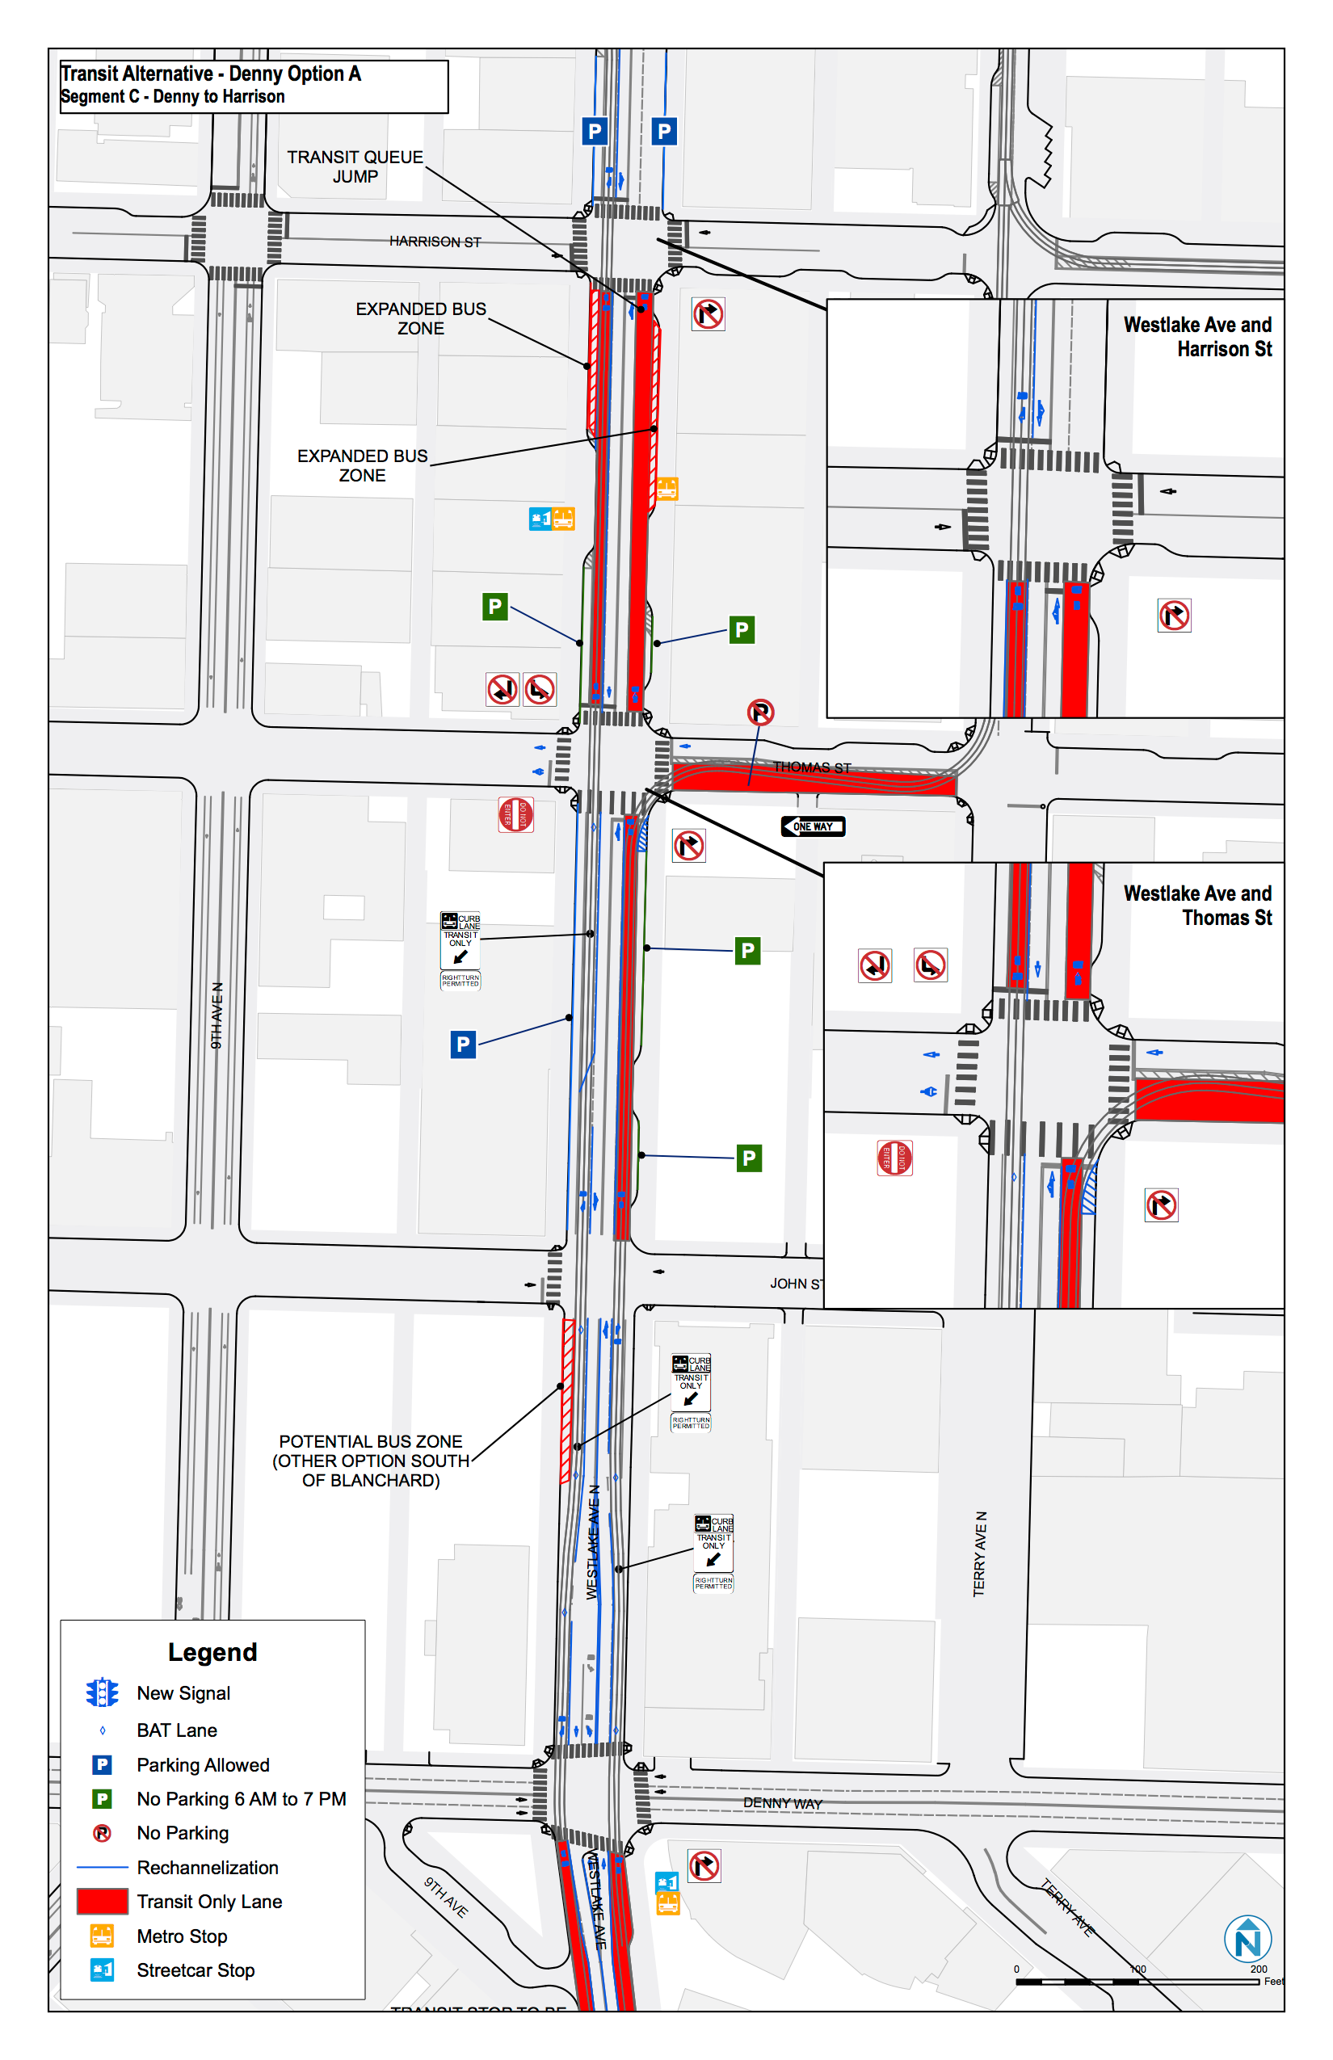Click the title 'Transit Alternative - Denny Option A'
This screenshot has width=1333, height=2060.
click(x=210, y=74)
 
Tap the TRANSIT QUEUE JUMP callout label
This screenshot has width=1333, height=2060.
click(x=355, y=166)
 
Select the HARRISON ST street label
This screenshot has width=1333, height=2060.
click(x=435, y=242)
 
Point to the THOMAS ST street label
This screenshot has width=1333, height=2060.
click(x=812, y=767)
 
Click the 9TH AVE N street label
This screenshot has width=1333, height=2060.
click(x=217, y=1015)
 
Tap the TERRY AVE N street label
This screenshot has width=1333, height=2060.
click(x=980, y=1553)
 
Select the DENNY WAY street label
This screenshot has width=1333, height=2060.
click(x=783, y=1803)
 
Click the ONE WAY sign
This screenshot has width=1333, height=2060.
click(x=813, y=826)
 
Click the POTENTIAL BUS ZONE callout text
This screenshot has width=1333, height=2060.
click(x=371, y=1461)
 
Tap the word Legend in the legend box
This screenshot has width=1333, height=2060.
click(x=212, y=1652)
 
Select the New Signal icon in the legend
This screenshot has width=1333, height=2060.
click(x=102, y=1693)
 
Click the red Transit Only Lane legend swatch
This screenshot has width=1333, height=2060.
click(x=102, y=1902)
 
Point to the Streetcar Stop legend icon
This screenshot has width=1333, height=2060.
click(x=102, y=1970)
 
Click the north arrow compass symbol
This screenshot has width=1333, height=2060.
click(x=1247, y=1939)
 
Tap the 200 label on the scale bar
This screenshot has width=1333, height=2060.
click(x=1259, y=1970)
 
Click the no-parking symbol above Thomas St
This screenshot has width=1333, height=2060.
click(x=760, y=713)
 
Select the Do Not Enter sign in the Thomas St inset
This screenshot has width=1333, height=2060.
click(x=894, y=1158)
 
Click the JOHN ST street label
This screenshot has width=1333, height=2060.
click(x=796, y=1284)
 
